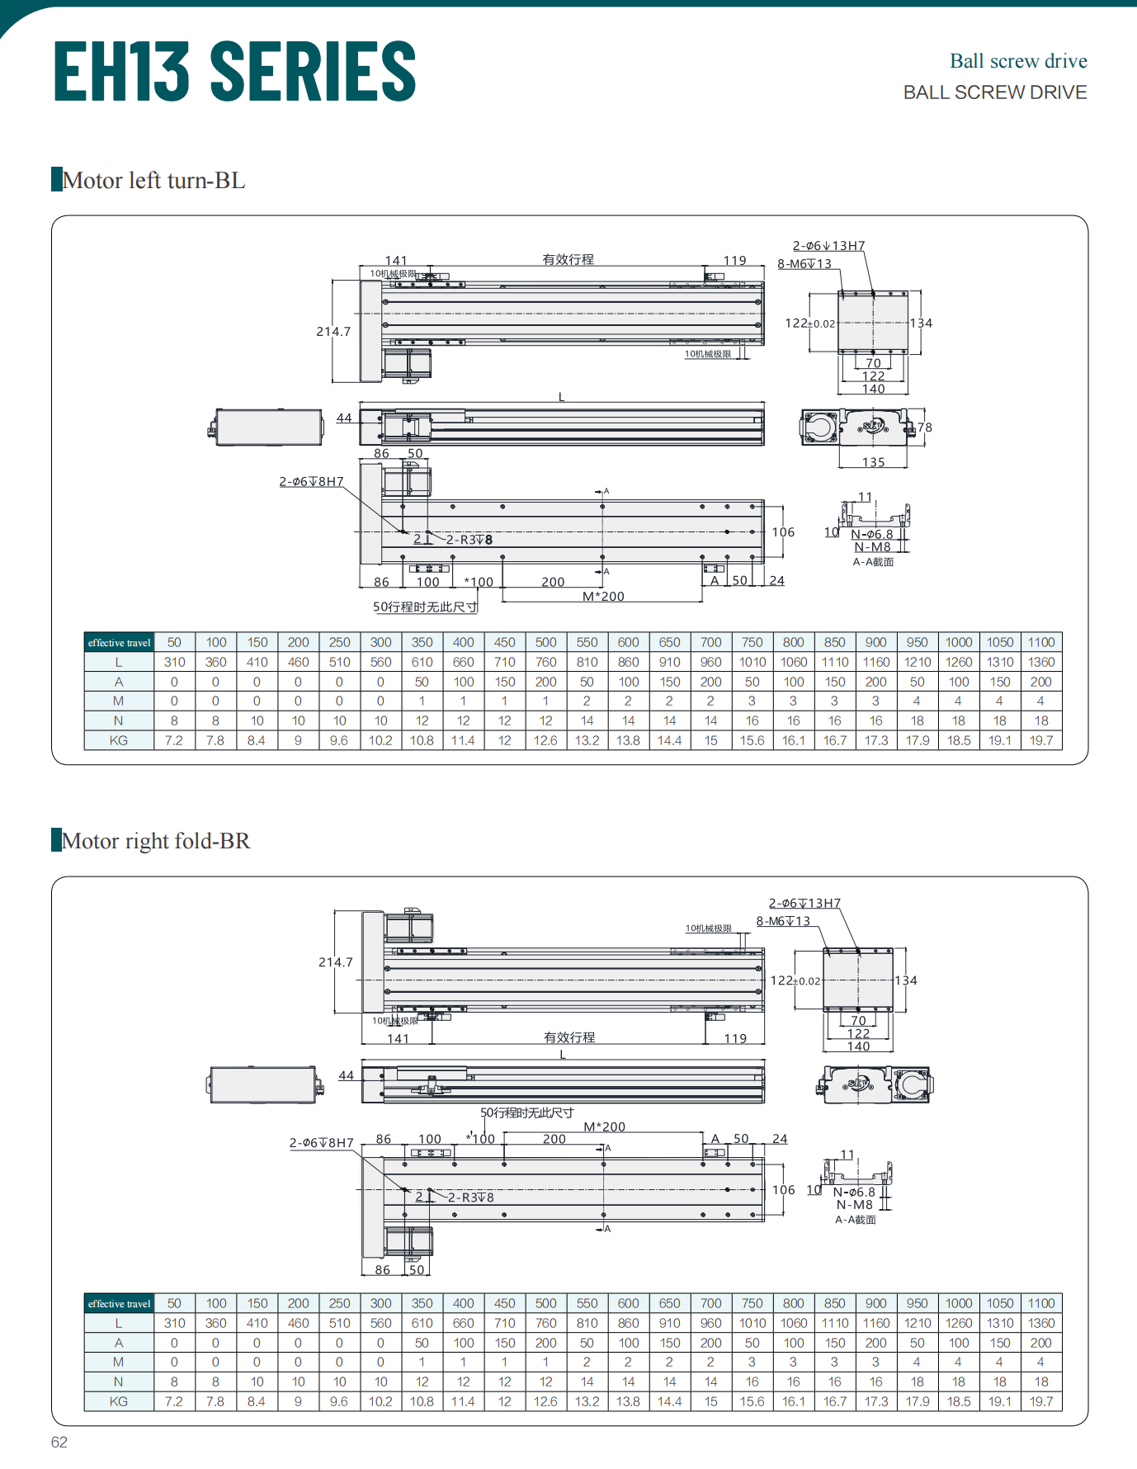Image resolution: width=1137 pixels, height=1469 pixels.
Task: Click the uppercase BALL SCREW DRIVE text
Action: coord(994,92)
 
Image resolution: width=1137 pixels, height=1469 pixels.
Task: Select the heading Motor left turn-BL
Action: coord(153,180)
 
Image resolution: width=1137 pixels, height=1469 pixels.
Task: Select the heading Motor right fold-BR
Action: coord(155,840)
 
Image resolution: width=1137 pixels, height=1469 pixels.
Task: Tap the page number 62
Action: coord(59,1442)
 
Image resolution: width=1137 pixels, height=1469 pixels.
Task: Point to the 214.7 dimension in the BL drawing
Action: coord(333,332)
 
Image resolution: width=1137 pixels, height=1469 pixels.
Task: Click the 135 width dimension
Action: coord(873,462)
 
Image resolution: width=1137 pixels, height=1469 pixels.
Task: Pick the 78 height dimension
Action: coord(925,427)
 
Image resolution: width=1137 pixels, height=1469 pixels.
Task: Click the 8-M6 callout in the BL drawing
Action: coord(804,264)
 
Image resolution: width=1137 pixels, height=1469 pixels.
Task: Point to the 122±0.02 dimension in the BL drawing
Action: coord(809,324)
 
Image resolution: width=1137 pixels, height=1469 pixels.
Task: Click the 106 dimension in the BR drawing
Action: coord(783,1190)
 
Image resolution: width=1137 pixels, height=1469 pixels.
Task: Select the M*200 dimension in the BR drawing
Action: coord(604,1127)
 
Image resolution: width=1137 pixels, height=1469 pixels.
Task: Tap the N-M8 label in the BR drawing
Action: coord(854,1205)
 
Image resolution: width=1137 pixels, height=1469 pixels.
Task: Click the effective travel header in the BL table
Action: coord(119,643)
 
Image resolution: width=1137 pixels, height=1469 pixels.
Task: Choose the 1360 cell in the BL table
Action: coord(1040,662)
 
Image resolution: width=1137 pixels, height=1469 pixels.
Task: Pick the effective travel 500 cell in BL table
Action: coord(545,643)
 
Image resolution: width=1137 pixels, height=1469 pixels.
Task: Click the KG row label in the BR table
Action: coord(119,1401)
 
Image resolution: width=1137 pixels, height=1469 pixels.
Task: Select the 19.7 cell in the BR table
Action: coord(1040,1401)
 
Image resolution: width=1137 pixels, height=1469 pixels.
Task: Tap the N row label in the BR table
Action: coord(119,1382)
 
